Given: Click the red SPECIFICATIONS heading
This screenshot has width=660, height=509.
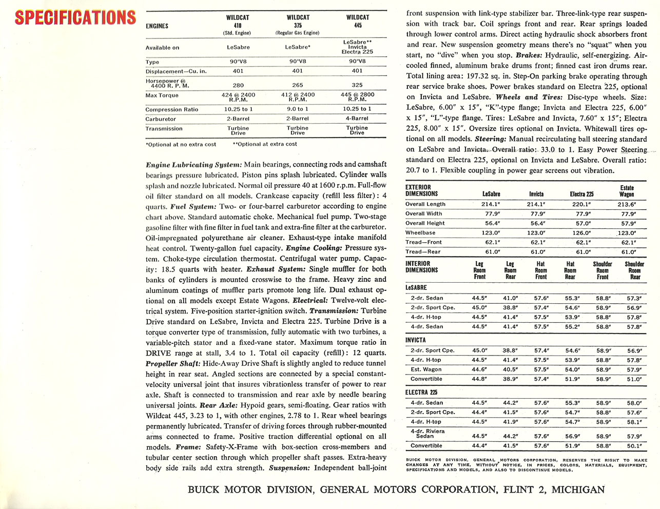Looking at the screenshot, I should [x=75, y=17].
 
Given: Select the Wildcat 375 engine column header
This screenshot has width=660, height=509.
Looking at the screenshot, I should [x=298, y=25].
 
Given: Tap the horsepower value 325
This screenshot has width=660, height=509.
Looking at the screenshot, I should [x=357, y=85].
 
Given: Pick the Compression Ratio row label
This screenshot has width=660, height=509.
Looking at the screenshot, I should [x=171, y=110].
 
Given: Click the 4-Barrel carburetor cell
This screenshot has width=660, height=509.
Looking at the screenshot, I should [x=357, y=119].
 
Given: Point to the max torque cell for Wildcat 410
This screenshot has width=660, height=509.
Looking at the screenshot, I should [x=238, y=97].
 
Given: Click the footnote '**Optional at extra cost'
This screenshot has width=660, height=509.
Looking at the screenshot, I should [x=265, y=144].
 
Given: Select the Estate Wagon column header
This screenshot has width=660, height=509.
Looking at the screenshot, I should [x=627, y=191].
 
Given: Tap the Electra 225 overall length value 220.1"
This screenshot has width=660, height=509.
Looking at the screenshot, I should [x=582, y=204].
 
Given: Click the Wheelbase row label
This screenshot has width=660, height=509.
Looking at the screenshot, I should [x=420, y=233].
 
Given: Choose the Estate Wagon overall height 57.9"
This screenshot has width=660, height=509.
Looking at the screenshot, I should [x=628, y=223].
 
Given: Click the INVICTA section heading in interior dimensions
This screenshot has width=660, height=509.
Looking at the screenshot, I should [x=415, y=340].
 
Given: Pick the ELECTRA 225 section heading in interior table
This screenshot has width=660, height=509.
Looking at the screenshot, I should [x=421, y=393].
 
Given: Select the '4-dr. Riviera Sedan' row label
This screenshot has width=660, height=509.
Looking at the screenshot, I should [x=428, y=434].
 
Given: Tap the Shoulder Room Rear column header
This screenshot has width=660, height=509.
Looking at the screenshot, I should [x=634, y=270].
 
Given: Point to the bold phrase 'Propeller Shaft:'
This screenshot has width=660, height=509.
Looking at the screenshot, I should [x=172, y=363].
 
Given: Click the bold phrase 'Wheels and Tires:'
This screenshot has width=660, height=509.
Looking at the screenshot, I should [x=517, y=97].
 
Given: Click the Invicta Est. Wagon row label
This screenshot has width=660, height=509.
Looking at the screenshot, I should [x=426, y=369].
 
